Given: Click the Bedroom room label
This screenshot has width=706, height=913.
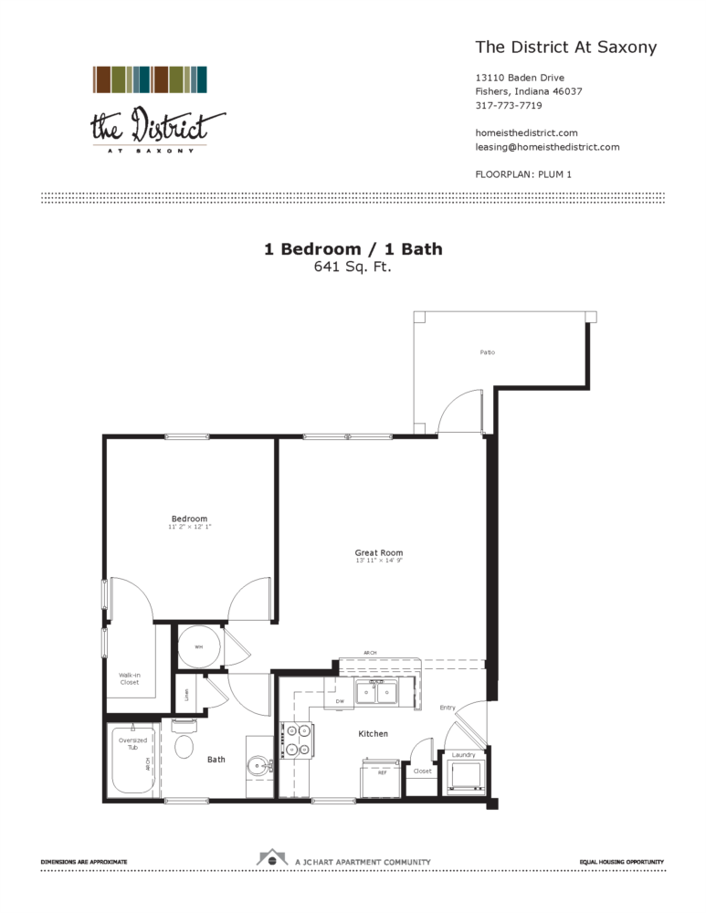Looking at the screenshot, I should click(189, 519).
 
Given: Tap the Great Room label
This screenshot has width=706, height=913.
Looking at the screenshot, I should click(379, 552).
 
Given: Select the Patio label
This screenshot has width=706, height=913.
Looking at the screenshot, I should click(488, 352).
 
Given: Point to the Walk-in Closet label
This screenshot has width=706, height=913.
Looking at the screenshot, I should click(129, 677).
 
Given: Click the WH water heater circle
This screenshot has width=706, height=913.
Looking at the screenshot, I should click(198, 646).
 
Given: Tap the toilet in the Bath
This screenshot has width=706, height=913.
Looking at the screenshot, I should click(184, 743).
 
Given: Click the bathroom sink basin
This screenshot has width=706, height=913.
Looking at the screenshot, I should click(258, 766).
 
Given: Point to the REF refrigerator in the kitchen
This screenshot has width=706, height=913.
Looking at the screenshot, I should click(382, 777).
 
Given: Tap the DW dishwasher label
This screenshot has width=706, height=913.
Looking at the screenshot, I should click(339, 701).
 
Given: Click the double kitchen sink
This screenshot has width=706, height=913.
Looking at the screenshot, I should click(377, 694).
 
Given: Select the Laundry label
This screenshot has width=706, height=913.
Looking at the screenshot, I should click(463, 755).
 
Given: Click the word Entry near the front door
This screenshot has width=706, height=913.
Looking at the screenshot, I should click(448, 708).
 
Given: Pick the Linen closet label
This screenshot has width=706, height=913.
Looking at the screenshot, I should click(186, 695).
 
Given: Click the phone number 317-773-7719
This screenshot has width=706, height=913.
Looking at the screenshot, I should click(509, 105).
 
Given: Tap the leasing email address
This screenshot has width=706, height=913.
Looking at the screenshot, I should click(547, 146).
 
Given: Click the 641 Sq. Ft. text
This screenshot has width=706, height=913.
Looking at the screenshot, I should click(353, 267).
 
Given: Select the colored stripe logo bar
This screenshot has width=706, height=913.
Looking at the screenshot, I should click(150, 79).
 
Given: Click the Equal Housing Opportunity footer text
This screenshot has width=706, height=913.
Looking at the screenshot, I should click(621, 861).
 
